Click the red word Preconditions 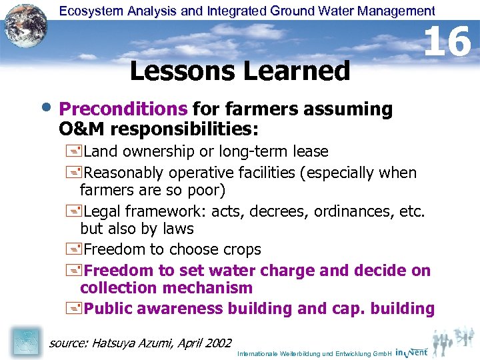click(123, 109)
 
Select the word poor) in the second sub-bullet click(207, 191)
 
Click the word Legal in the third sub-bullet click(105, 212)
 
